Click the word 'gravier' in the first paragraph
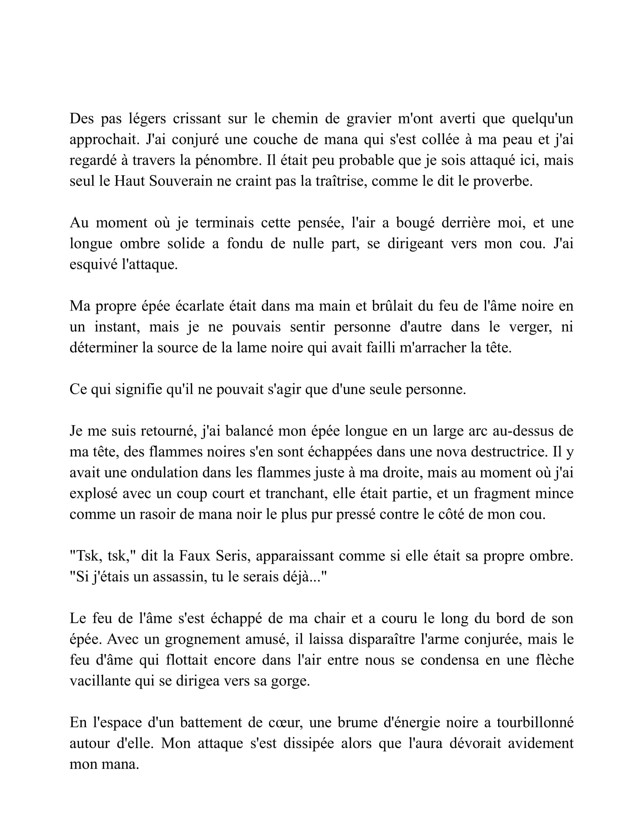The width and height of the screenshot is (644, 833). (x=369, y=119)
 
